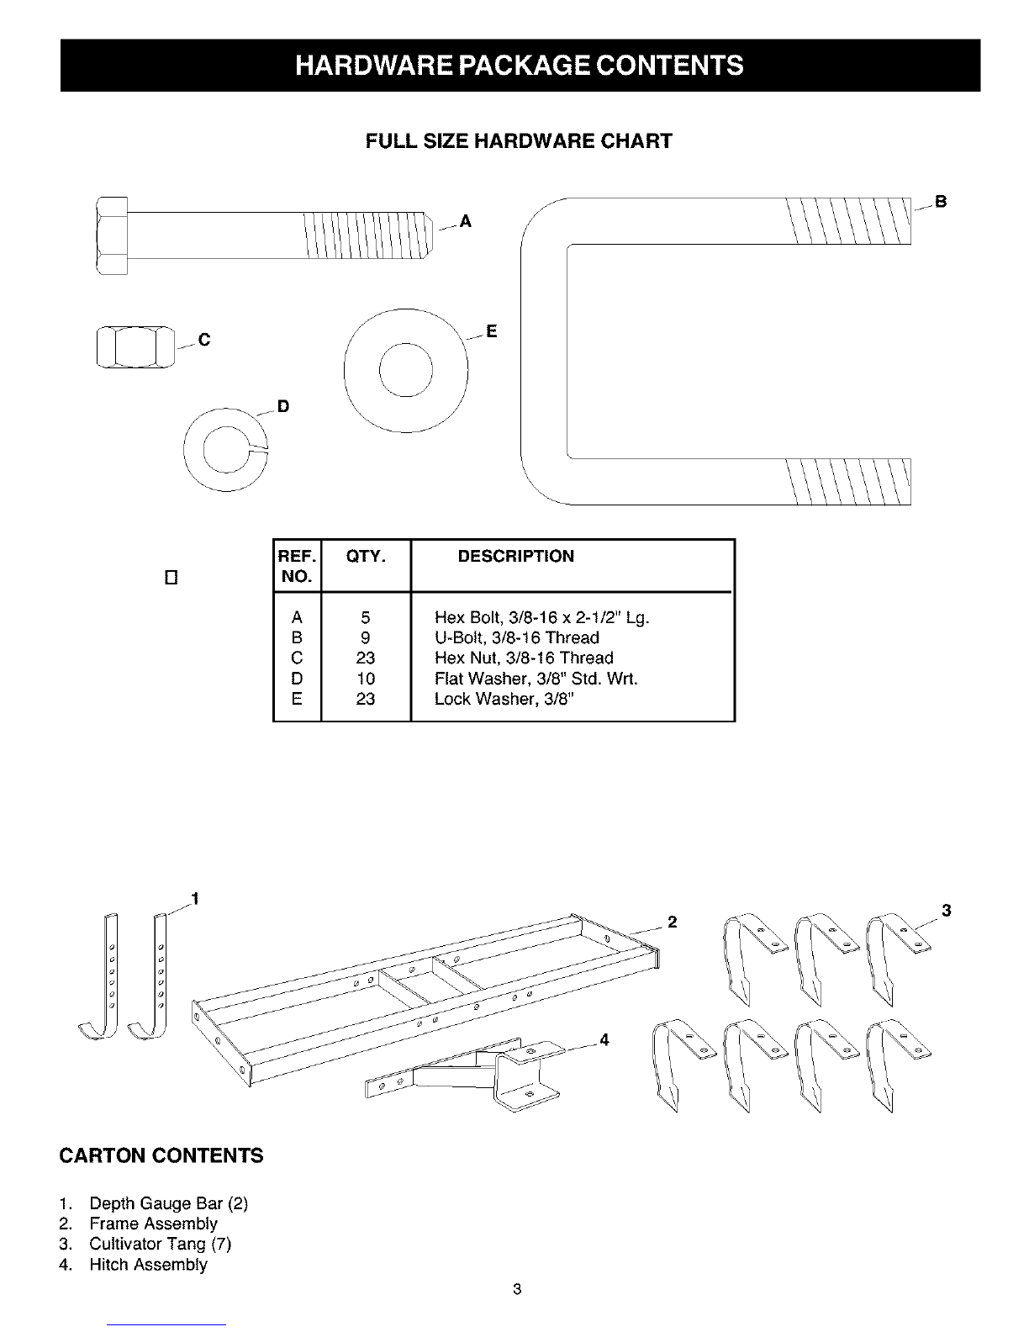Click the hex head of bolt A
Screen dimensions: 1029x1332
[x=112, y=236]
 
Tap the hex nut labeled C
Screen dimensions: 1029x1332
[x=135, y=347]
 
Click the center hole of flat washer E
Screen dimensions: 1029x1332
[x=406, y=370]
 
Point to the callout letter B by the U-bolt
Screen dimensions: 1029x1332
[x=941, y=202]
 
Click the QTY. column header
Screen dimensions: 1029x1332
[x=366, y=557]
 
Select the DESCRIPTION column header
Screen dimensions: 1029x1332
[x=516, y=557]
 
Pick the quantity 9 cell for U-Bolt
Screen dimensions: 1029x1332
[x=365, y=637]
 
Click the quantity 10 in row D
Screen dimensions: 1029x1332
[x=366, y=679]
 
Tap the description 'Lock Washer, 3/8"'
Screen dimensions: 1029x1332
[x=504, y=699]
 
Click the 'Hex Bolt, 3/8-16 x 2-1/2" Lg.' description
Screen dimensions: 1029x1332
[x=541, y=617]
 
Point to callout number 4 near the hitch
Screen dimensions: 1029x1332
[x=604, y=1039]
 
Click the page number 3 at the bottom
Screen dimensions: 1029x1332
[x=517, y=1289]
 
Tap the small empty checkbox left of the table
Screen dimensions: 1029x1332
[x=171, y=578]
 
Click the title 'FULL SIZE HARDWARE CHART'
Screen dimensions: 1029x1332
[x=519, y=141]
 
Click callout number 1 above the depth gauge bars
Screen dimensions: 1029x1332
[x=195, y=899]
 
